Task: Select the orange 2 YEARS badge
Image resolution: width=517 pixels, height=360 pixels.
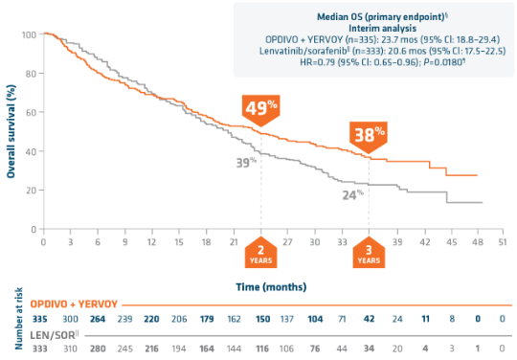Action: [x=260, y=253]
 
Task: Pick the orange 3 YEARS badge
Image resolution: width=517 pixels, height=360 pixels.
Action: [x=368, y=253]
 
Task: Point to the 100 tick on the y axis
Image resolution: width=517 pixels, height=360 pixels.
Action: [x=29, y=35]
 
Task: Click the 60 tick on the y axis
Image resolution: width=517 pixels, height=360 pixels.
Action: [x=31, y=113]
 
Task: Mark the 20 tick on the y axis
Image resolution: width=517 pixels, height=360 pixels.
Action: [x=31, y=191]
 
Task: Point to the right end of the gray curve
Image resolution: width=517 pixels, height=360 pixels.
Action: [x=482, y=202]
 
